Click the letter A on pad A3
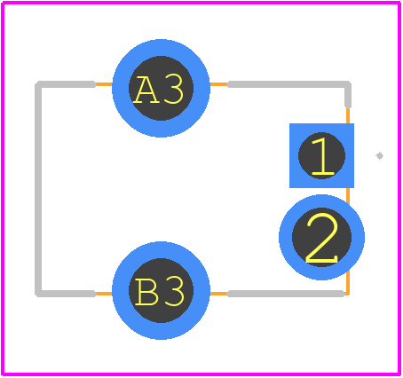pos(146,90)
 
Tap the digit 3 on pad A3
pos(174,90)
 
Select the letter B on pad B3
pos(146,291)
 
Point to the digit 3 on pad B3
pos(174,291)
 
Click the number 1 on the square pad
pos(322,156)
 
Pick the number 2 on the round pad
pos(322,239)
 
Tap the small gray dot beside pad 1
pos(380,155)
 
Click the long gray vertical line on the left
pos(38,189)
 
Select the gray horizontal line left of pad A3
pos(66,84)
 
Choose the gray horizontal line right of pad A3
pos(288,84)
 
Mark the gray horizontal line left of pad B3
pos(66,294)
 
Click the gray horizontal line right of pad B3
pos(286,294)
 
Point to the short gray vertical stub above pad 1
pos(348,95)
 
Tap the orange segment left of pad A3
pos(104,84)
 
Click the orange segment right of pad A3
pos(218,84)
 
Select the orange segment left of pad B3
pos(104,294)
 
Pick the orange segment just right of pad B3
pos(218,294)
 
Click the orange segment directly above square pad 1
pos(348,116)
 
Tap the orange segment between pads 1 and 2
pos(348,196)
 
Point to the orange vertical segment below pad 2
pos(348,282)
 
